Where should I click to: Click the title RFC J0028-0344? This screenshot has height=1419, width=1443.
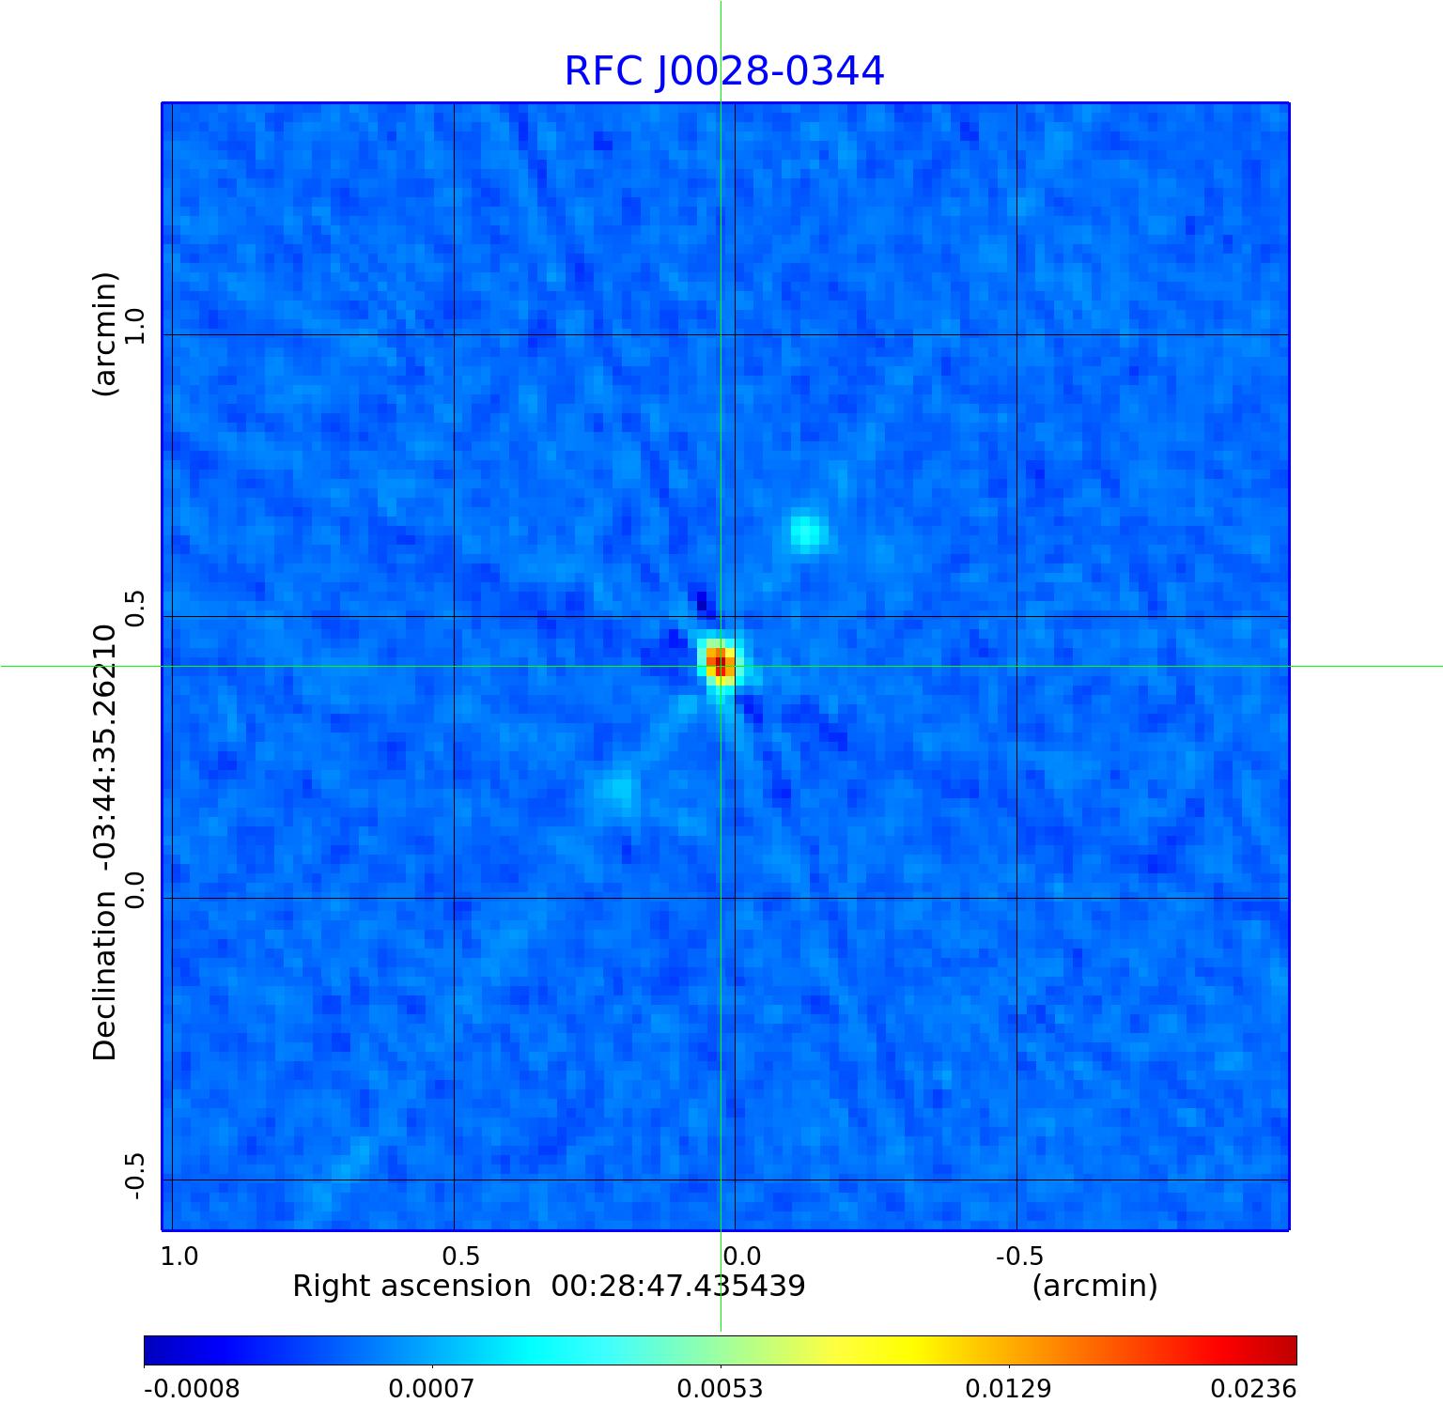pos(723,71)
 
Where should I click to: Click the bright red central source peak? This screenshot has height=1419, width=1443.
pos(720,665)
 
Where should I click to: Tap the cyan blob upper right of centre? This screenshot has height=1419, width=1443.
pos(805,531)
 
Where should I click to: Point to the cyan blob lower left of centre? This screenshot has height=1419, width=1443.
pos(617,788)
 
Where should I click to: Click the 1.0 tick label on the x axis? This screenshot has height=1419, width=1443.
pos(179,1256)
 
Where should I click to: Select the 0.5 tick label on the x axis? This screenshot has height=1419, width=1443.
pos(460,1256)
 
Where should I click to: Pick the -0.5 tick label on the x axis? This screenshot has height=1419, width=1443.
pos(1018,1256)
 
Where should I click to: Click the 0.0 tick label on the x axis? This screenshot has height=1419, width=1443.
pos(741,1256)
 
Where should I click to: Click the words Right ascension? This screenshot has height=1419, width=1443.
pos(411,1286)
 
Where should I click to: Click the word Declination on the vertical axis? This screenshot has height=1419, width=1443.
pos(104,976)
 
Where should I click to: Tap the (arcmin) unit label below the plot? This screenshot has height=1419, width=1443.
pos(1094,1286)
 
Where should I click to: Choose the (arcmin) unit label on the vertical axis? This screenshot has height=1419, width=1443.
pos(104,333)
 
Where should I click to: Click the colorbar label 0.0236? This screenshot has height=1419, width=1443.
pos(1252,1389)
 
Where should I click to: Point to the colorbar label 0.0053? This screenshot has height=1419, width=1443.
pos(720,1389)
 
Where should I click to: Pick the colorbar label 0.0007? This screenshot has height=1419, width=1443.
pos(431,1389)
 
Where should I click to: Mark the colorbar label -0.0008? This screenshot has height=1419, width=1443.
pos(192,1389)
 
